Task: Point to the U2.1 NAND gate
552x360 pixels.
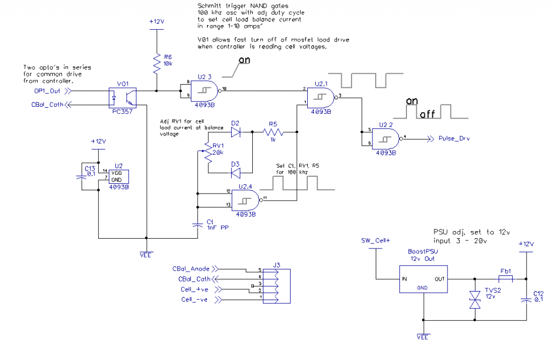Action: point(321,96)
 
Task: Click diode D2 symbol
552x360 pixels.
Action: point(236,130)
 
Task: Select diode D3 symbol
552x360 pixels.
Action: point(236,172)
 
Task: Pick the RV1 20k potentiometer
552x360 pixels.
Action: point(206,153)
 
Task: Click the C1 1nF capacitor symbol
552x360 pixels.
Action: point(198,225)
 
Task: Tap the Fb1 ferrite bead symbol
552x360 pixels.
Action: point(506,279)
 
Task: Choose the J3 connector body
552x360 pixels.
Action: point(275,283)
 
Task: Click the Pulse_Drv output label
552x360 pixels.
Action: point(454,139)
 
